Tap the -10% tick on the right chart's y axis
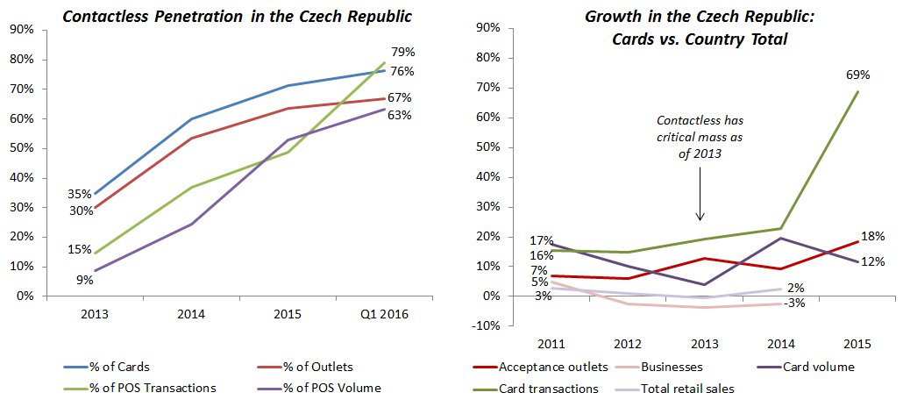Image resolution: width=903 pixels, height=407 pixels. tap(486, 326)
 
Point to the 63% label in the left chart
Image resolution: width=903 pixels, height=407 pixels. tap(401, 115)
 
